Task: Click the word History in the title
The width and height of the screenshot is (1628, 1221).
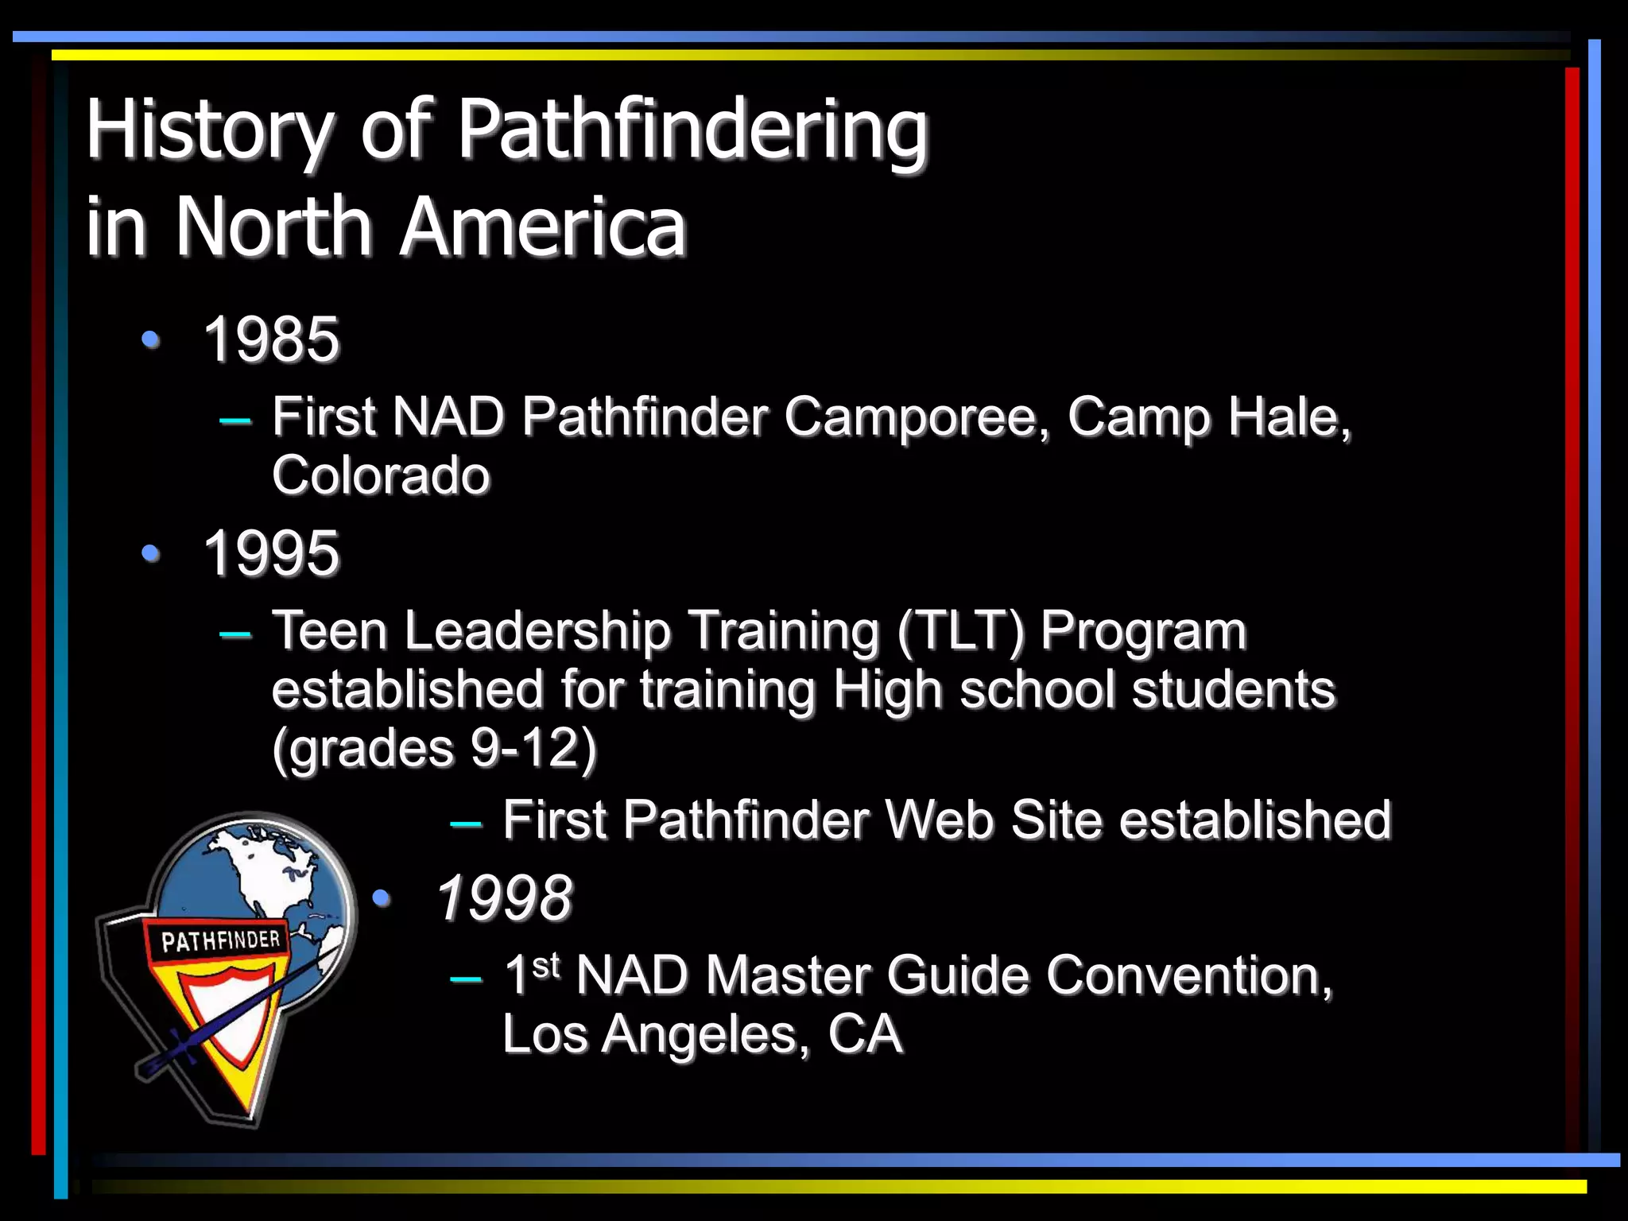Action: tap(209, 130)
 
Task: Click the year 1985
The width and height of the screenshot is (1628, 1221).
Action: tap(271, 339)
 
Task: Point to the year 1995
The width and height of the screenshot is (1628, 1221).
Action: tap(271, 553)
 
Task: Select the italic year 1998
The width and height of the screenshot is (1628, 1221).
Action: tap(504, 898)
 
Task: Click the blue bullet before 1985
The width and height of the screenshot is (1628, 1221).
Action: tap(150, 339)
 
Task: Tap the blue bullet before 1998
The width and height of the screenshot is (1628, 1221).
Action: tap(382, 898)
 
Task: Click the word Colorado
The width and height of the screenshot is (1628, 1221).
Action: tap(381, 475)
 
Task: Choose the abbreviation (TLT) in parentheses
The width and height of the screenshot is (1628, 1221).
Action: tap(960, 631)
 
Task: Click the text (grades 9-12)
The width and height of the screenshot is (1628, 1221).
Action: tap(434, 748)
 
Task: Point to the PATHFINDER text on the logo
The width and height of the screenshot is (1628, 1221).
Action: tap(220, 941)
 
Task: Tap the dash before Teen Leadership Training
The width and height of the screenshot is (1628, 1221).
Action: tap(235, 634)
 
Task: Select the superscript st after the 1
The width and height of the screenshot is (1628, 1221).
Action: tap(546, 965)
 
